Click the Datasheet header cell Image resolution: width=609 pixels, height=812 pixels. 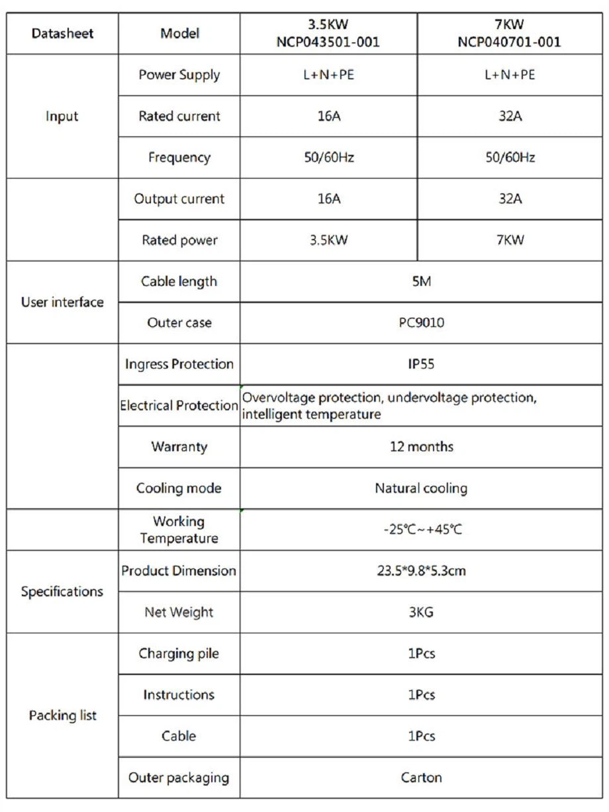point(64,34)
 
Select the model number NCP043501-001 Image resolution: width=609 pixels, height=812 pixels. point(328,42)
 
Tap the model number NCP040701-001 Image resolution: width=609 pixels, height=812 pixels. point(510,42)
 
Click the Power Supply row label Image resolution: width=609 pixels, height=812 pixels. point(179,75)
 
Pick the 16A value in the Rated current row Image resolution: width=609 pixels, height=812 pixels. point(328,116)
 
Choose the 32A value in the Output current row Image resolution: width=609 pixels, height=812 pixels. point(510,199)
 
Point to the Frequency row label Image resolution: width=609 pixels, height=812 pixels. point(179,158)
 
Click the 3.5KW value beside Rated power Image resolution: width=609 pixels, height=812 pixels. point(328,240)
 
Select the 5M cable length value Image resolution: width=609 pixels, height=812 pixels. point(421,281)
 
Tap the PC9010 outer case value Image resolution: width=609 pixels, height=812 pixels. point(421,323)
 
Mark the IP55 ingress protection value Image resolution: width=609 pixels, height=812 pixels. point(421,364)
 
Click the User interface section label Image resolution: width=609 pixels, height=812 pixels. point(64,302)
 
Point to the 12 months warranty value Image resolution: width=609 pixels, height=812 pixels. point(421,447)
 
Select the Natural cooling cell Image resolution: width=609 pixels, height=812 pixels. point(421,488)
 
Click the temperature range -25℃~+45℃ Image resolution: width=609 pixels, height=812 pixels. point(421,530)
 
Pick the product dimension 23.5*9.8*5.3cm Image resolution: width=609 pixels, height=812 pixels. point(421,570)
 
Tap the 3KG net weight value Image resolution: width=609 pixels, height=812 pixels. point(421,612)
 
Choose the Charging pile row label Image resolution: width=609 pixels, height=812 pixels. point(179,654)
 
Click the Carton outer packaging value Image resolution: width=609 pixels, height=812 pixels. point(421,778)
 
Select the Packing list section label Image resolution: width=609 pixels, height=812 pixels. point(64,715)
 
